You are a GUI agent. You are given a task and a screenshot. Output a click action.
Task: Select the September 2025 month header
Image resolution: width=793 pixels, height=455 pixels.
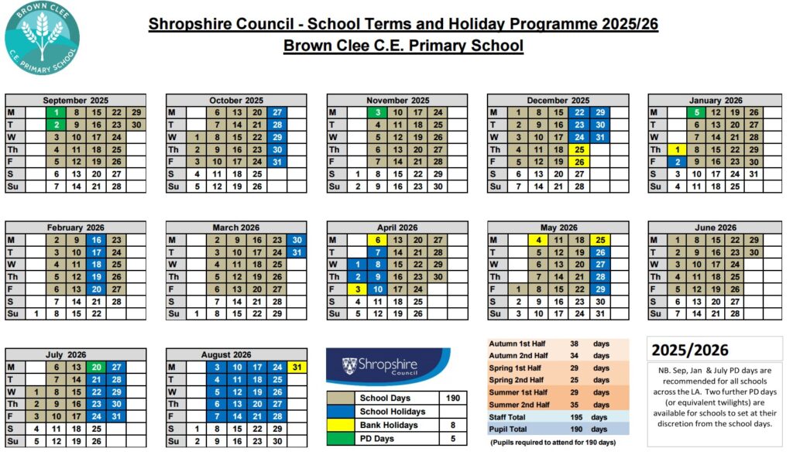(x=75, y=100)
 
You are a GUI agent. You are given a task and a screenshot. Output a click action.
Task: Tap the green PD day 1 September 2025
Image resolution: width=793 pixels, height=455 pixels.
(x=57, y=112)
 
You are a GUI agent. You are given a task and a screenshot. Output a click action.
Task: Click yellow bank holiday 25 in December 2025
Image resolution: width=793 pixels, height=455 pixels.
(x=578, y=149)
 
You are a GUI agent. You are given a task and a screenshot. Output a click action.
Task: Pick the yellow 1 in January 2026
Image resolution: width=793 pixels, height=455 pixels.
(x=678, y=149)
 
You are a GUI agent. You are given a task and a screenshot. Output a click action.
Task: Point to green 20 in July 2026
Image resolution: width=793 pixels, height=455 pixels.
(x=96, y=367)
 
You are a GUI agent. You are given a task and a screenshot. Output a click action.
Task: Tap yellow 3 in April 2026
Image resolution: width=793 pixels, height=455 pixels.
(x=358, y=289)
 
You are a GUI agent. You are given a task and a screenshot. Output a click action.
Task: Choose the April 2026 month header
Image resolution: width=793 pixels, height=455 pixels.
(x=397, y=227)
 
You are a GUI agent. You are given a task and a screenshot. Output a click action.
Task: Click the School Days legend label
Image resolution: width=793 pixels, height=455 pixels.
(x=379, y=398)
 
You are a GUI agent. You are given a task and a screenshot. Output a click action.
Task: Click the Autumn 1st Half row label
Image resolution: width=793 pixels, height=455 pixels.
(x=518, y=344)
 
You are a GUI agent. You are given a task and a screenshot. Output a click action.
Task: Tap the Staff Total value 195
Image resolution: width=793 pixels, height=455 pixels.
(x=576, y=416)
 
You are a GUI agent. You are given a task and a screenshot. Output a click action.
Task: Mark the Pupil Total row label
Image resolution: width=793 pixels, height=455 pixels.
(x=510, y=428)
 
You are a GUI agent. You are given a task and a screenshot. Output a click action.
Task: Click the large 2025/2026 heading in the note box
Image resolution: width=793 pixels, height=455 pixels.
(x=689, y=350)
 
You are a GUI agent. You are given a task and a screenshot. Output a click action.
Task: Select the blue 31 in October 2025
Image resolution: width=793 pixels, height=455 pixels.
(x=277, y=162)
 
